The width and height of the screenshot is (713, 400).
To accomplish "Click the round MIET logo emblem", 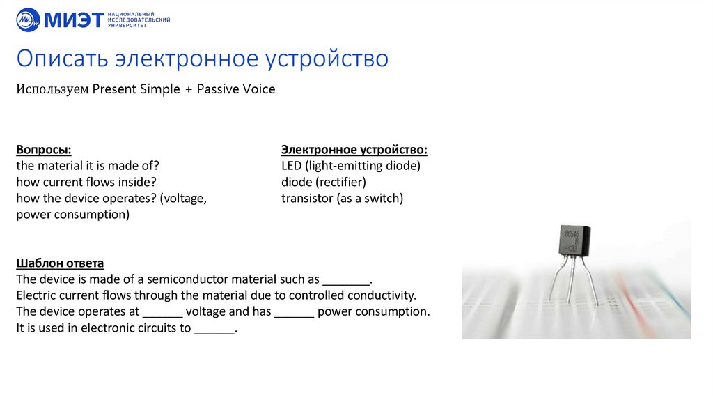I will [x=28, y=20].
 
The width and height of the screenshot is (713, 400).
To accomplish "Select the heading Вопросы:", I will [x=44, y=150].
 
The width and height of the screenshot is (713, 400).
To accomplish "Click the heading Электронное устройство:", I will [x=354, y=150].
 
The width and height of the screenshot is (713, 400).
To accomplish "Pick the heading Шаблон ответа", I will [x=60, y=263].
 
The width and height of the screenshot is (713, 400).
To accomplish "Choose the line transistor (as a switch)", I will [x=342, y=198].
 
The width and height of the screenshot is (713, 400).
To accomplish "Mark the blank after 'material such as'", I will [x=346, y=280].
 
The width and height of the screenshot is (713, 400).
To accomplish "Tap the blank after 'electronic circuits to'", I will [x=214, y=329].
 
